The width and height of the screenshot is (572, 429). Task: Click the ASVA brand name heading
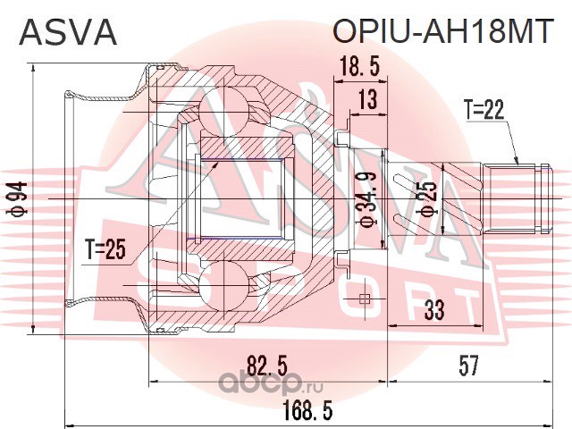68,32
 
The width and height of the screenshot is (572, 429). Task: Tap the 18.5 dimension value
359,67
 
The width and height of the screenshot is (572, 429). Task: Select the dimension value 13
367,99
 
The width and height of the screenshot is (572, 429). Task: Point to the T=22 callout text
484,109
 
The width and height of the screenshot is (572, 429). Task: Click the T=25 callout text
105,249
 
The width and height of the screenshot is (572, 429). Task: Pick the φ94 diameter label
19,198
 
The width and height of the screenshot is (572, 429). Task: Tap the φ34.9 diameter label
369,201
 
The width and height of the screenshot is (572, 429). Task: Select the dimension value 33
434,310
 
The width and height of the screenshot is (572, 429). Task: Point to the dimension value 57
468,366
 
